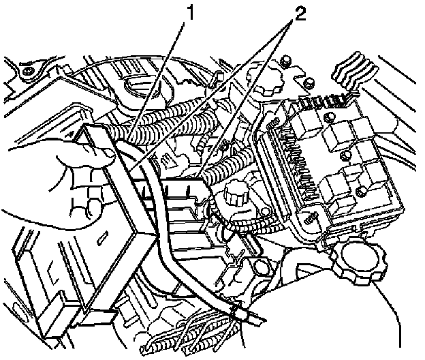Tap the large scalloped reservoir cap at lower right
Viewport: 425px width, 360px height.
[x=358, y=263]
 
